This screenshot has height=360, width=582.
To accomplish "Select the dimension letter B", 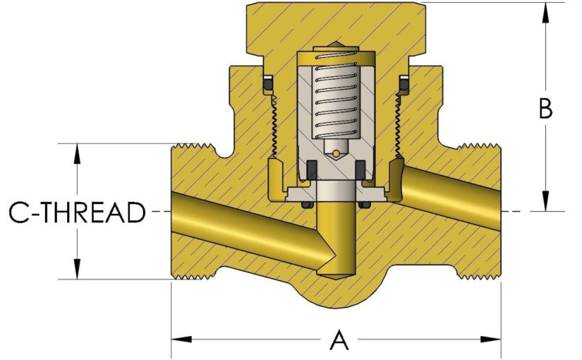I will tap(545, 109).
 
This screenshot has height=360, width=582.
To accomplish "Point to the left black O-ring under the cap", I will tap(269, 85).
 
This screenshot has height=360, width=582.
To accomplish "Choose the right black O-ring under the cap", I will tap(405, 85).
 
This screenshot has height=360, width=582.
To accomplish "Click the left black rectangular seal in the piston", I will tap(310, 169).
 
